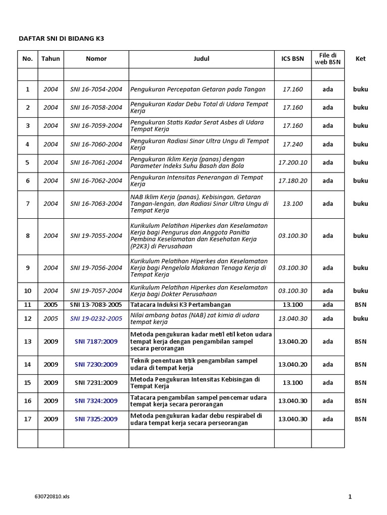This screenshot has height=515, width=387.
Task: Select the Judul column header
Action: point(202,59)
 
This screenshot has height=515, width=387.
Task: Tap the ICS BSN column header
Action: point(293,59)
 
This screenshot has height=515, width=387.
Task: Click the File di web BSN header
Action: point(328,58)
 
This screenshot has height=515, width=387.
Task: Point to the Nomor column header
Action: point(96,59)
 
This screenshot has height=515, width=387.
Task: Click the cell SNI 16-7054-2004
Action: point(96,90)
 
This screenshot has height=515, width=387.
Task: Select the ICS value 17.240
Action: point(293,144)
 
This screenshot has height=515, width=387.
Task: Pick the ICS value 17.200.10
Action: point(293,163)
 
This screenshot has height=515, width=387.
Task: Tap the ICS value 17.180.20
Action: point(293,181)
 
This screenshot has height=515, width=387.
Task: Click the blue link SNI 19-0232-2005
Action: point(96,319)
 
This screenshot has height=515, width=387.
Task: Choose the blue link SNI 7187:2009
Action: point(96,341)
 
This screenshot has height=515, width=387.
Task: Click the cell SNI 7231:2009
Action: point(96,383)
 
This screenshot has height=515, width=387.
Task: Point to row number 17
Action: point(28,419)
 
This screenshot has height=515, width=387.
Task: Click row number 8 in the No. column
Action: point(28,236)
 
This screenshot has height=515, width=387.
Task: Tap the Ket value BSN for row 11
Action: point(360,305)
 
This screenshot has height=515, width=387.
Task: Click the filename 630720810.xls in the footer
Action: point(52,496)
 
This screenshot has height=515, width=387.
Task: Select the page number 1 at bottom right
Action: point(350,497)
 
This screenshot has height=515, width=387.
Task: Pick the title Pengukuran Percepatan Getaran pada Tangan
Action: point(198,90)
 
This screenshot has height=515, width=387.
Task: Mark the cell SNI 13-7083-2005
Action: point(96,305)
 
